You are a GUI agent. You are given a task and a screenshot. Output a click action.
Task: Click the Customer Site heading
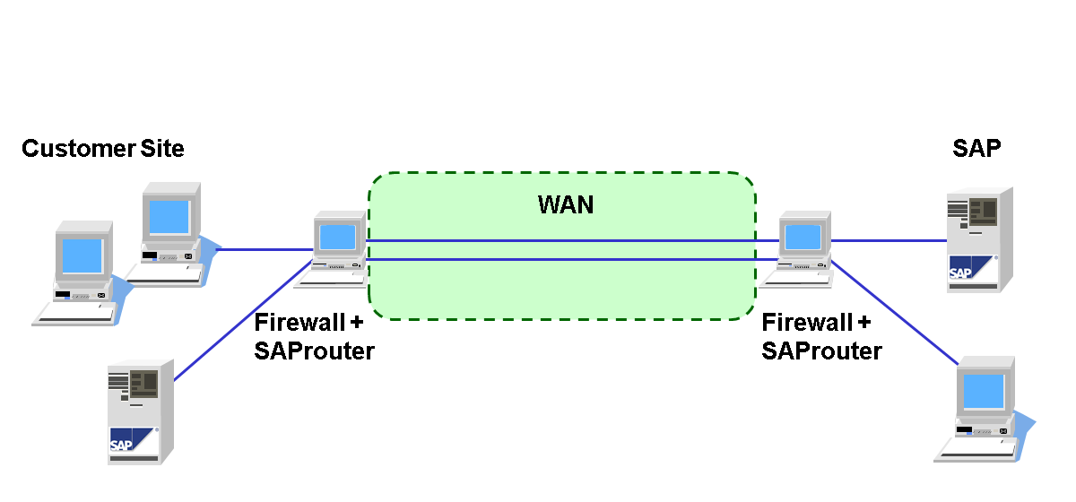102,149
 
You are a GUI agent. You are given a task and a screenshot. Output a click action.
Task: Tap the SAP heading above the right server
976,149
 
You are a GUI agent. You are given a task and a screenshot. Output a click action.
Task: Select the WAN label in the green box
565,204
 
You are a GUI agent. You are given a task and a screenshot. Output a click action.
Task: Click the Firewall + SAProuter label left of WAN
314,336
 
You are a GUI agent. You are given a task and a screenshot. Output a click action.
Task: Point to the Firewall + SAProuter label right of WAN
821,336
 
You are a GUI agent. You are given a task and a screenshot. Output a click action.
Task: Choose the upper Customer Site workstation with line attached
170,229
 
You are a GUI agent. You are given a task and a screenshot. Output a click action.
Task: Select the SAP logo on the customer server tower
121,443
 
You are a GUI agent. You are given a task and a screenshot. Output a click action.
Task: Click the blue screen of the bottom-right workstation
983,391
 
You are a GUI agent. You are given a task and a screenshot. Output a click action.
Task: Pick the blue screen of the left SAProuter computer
337,237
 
